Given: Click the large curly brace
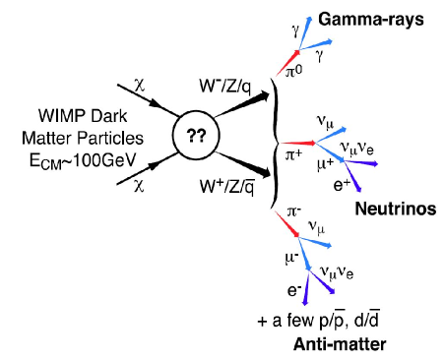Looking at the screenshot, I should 275,139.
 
